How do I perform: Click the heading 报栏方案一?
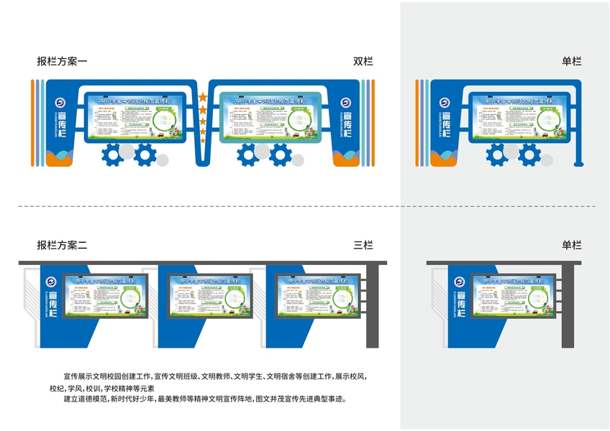(x=62, y=62)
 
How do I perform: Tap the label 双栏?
(x=363, y=62)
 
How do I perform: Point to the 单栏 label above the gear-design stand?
(x=572, y=62)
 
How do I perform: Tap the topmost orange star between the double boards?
(x=203, y=97)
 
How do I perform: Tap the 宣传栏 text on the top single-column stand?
(x=447, y=124)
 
